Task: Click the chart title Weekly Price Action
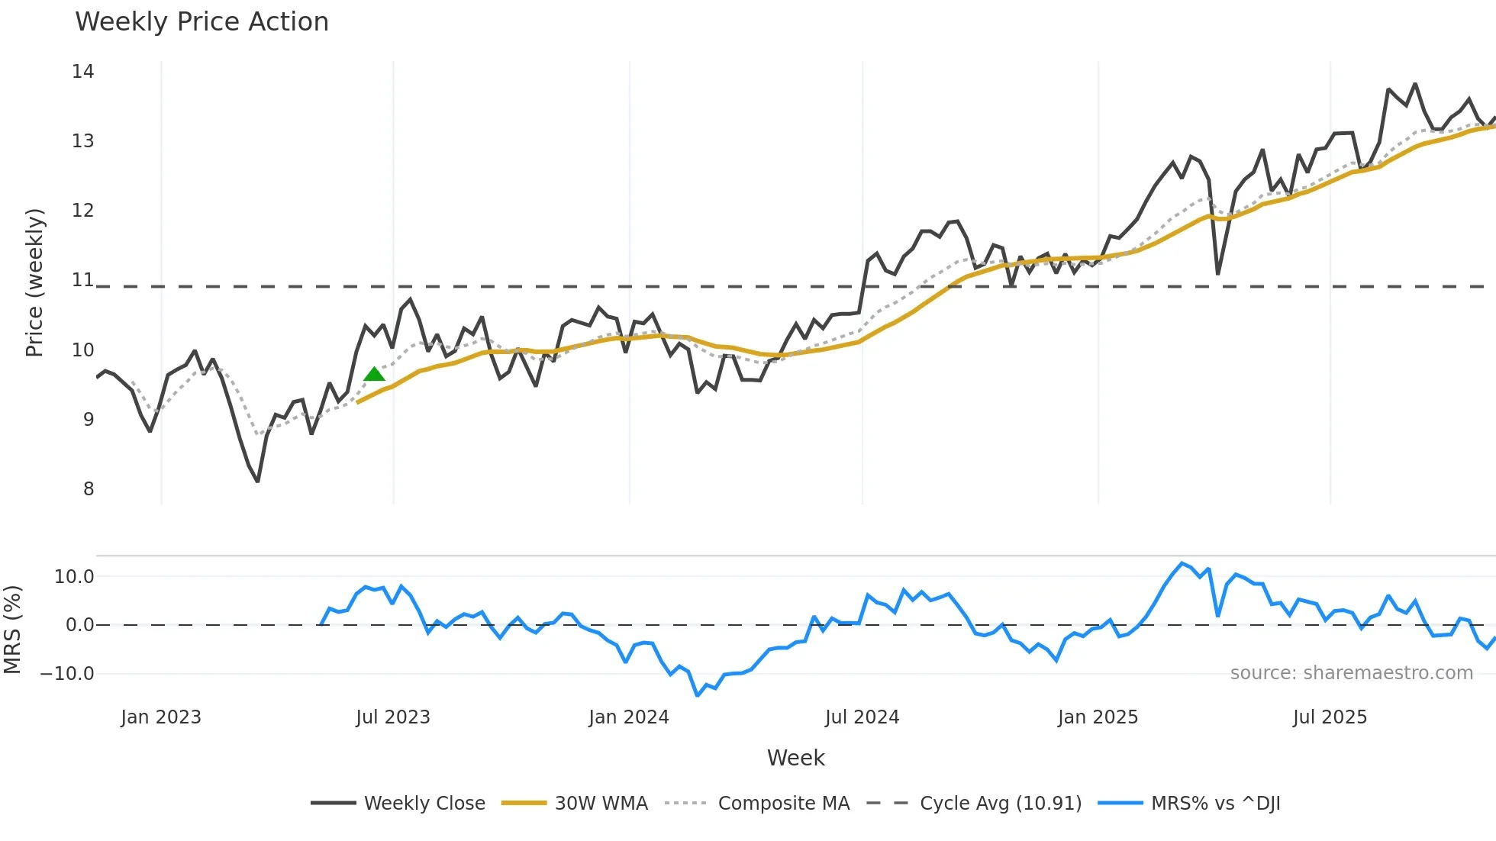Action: coord(202,22)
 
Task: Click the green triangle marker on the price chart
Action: coord(374,375)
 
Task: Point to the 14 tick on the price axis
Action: coord(83,72)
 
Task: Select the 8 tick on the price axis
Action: coord(89,489)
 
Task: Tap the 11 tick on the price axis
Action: coord(83,280)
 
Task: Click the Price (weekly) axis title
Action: coord(34,282)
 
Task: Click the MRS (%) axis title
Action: coord(13,630)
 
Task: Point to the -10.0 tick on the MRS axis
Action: coord(68,674)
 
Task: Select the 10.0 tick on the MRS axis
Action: coord(74,577)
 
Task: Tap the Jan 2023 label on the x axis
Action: coord(161,717)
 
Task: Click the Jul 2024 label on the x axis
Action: coord(862,717)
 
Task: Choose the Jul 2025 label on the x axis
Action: coord(1330,717)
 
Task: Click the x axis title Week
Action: coord(795,758)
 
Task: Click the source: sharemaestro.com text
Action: coord(1351,673)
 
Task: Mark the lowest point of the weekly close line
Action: coord(258,482)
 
